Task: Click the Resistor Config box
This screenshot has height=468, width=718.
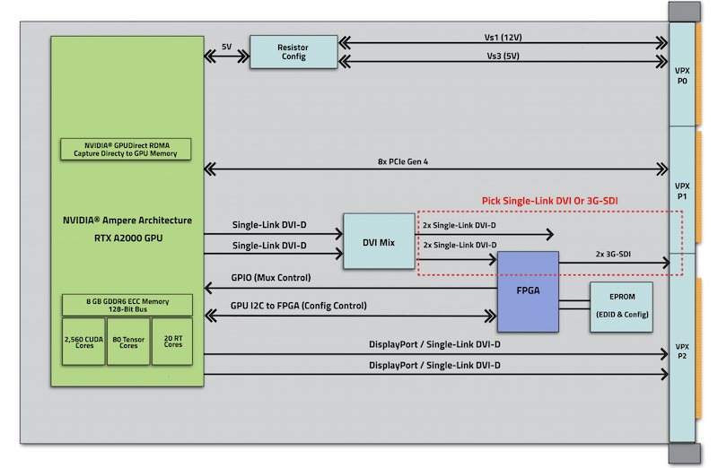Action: pyautogui.click(x=293, y=51)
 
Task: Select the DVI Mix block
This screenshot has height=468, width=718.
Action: pyautogui.click(x=378, y=241)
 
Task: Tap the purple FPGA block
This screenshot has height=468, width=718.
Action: pyautogui.click(x=527, y=290)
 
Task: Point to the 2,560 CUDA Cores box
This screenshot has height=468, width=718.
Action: pyautogui.click(x=83, y=342)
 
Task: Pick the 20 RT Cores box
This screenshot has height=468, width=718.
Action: pyautogui.click(x=172, y=342)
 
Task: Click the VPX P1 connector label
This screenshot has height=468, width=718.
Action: pyautogui.click(x=682, y=190)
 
